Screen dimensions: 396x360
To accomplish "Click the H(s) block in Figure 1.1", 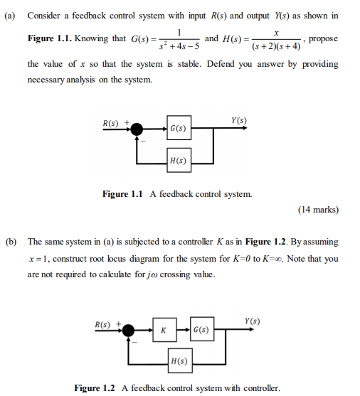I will coord(179,160).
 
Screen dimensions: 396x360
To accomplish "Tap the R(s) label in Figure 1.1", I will coord(111,122).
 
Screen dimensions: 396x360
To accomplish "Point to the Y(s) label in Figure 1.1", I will coord(238,120).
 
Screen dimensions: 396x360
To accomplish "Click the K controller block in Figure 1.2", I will coord(164,331).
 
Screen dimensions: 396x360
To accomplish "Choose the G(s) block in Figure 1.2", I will coord(201,331).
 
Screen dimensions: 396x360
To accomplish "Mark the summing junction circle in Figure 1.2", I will coord(129,331).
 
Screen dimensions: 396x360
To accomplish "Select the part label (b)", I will coord(12,242).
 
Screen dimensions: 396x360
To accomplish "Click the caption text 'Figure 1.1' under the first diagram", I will coord(125,194).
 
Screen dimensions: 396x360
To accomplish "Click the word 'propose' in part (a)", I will coord(324,38).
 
